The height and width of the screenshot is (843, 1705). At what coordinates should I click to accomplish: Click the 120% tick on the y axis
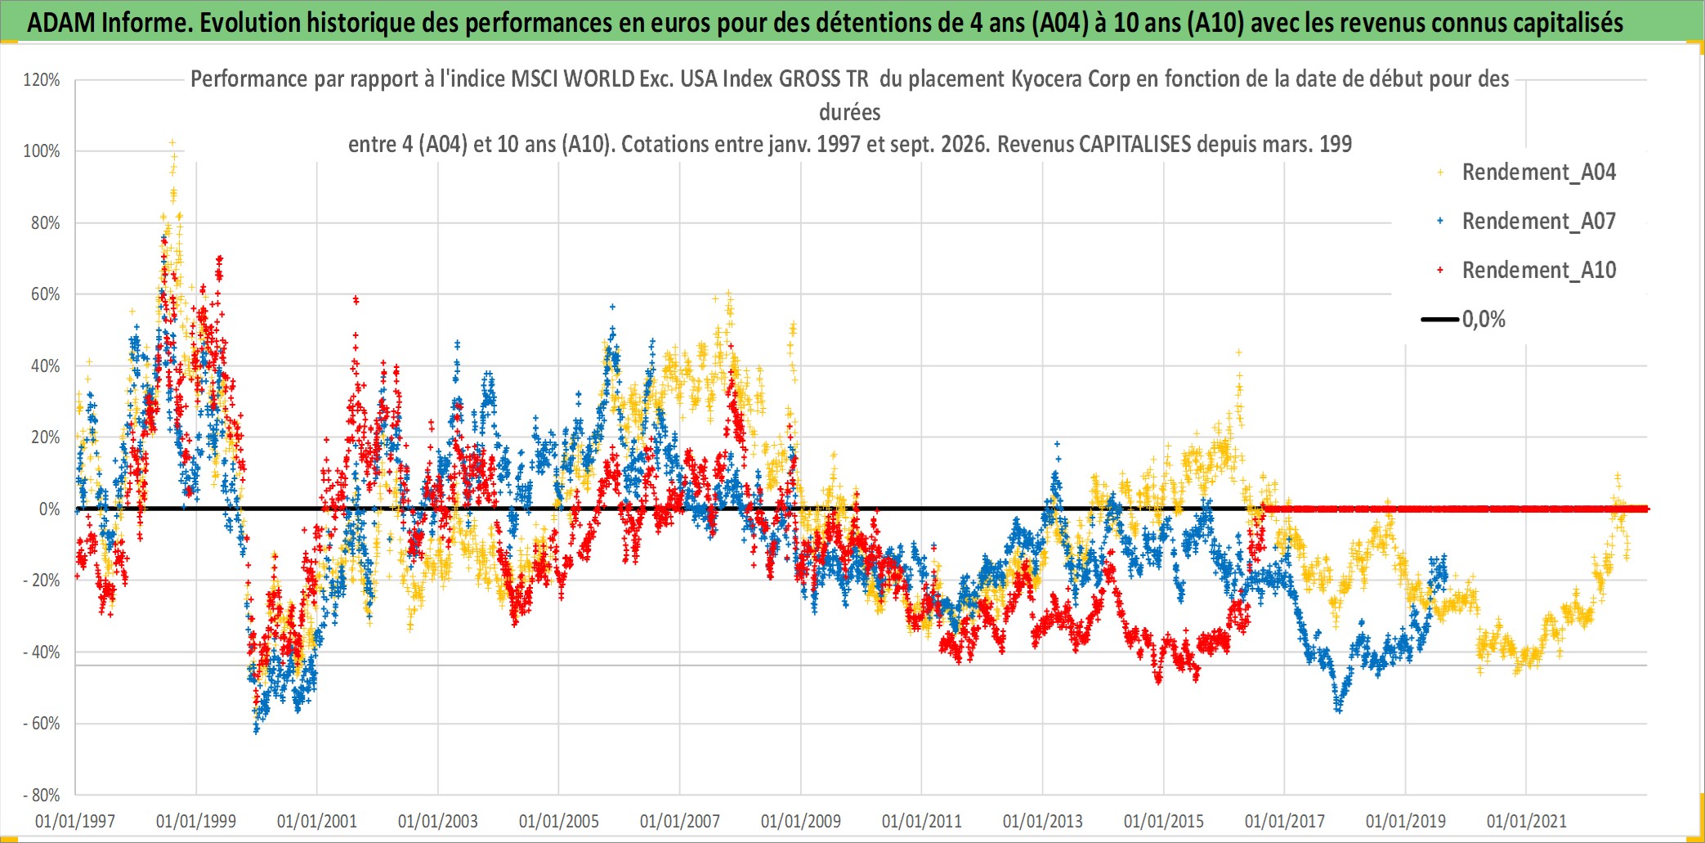pos(42,80)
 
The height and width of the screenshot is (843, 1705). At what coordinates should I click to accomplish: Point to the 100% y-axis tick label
pos(42,151)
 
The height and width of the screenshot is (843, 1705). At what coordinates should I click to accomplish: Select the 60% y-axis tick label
pos(46,294)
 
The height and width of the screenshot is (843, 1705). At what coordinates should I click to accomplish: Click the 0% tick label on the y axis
pos(50,509)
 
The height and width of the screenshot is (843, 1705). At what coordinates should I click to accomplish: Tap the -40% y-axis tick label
pos(42,652)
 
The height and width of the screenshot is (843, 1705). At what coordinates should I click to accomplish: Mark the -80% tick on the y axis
pos(42,796)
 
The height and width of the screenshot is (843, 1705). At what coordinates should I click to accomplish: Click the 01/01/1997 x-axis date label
pos(75,821)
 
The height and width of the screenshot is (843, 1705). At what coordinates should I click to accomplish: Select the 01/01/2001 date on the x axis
pos(317,821)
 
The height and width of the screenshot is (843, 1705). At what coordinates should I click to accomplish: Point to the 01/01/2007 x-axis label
pos(680,821)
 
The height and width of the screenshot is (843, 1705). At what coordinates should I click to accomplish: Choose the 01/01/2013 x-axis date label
pos(1043,821)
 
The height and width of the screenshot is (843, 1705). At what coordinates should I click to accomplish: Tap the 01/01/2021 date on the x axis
pos(1527,821)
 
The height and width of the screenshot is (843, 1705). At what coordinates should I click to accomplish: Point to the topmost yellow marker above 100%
pos(172,142)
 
